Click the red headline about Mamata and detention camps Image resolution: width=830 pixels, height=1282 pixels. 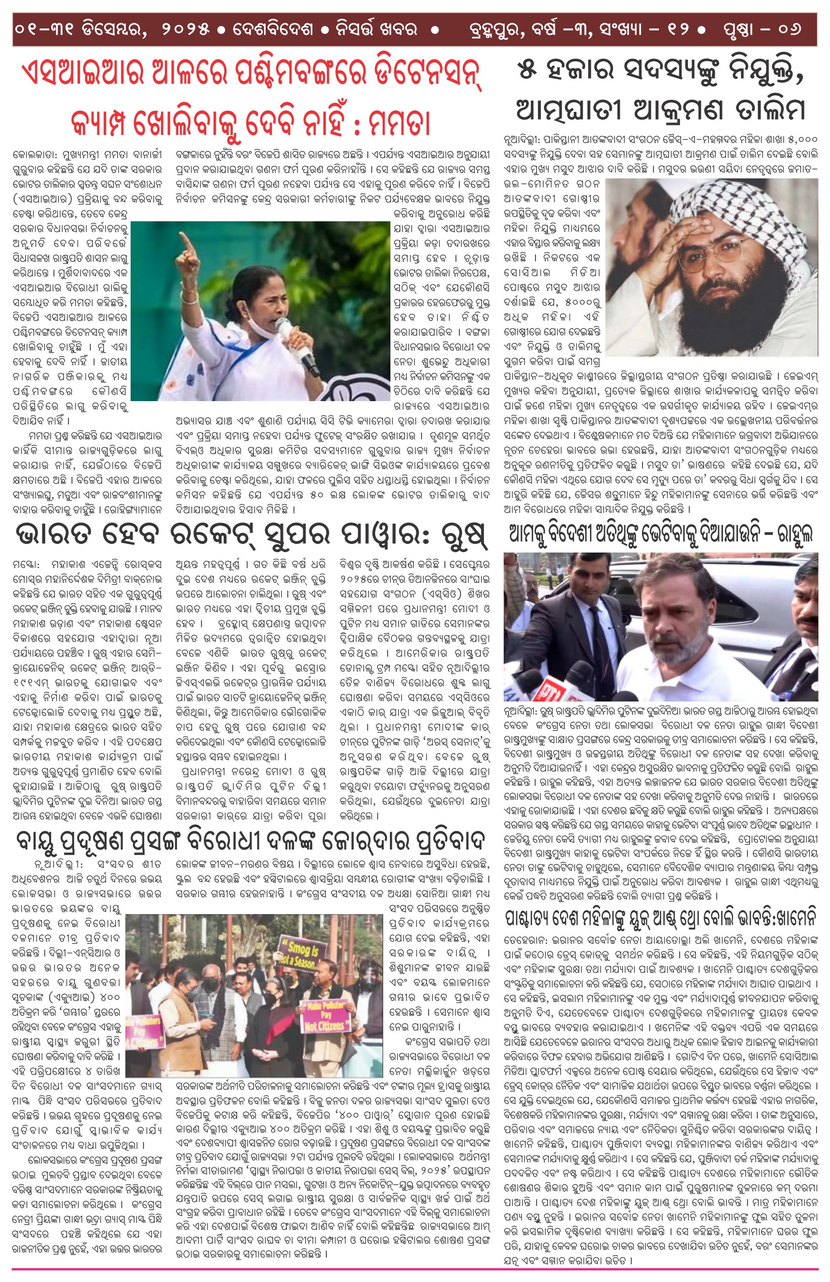point(251,97)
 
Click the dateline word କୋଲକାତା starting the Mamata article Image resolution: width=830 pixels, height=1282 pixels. point(36,155)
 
